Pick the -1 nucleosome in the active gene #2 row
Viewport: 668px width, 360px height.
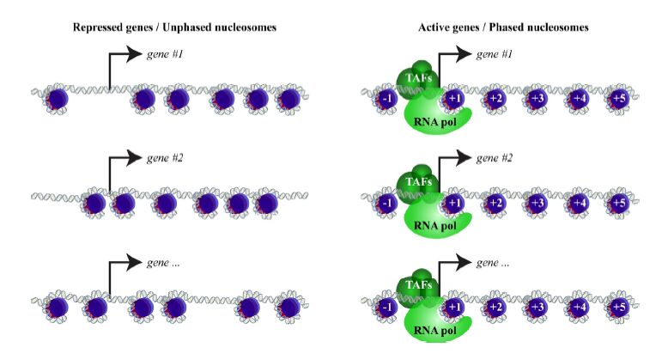387,203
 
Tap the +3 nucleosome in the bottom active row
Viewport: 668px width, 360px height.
537,307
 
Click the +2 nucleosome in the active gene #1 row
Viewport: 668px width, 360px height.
495,99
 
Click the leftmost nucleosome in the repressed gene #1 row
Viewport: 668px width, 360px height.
57,99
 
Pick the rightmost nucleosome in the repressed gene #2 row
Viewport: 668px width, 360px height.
268,204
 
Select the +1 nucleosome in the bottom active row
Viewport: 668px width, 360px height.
453,307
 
